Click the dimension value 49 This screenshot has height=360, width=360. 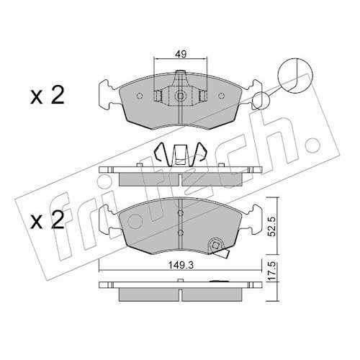pyautogui.click(x=181, y=54)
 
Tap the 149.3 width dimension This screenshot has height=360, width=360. pyautogui.click(x=181, y=266)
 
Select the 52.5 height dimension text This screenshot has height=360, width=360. pyautogui.click(x=272, y=226)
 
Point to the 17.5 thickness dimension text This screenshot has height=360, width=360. pyautogui.click(x=272, y=272)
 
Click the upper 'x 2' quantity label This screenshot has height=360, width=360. pyautogui.click(x=48, y=96)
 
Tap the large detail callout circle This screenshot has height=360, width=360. pyautogui.click(x=295, y=76)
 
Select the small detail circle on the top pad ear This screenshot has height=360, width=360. pyautogui.click(x=261, y=100)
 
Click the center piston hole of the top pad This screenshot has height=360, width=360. pyautogui.click(x=180, y=96)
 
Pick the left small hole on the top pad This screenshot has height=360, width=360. pyautogui.click(x=140, y=96)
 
